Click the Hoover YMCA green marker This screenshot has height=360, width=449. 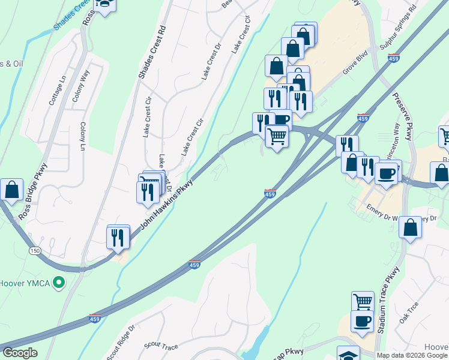(58, 281)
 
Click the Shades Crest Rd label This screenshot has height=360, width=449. (143, 52)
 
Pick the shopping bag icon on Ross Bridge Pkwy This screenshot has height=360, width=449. (11, 190)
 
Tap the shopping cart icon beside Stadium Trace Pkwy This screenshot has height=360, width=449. (363, 301)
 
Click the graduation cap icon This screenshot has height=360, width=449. (348, 355)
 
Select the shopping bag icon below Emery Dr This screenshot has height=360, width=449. (410, 227)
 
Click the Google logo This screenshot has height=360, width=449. (20, 353)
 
